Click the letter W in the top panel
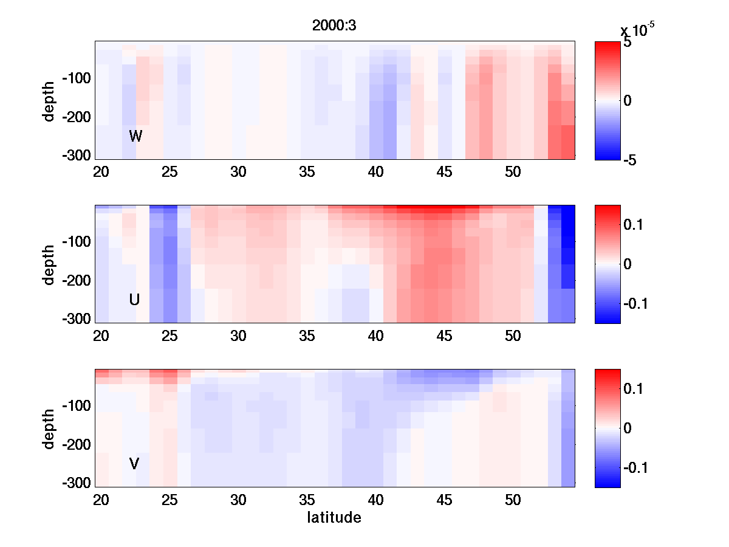(135, 136)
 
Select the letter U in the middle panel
(135, 300)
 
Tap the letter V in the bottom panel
(134, 464)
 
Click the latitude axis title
(334, 518)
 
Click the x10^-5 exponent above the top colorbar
(637, 30)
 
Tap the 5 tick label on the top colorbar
(628, 43)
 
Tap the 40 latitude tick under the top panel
(376, 172)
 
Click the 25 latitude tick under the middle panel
(169, 336)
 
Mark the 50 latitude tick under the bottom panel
(513, 500)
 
